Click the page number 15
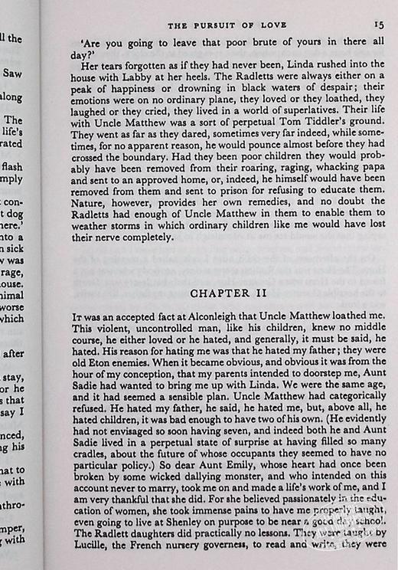coord(378,25)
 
